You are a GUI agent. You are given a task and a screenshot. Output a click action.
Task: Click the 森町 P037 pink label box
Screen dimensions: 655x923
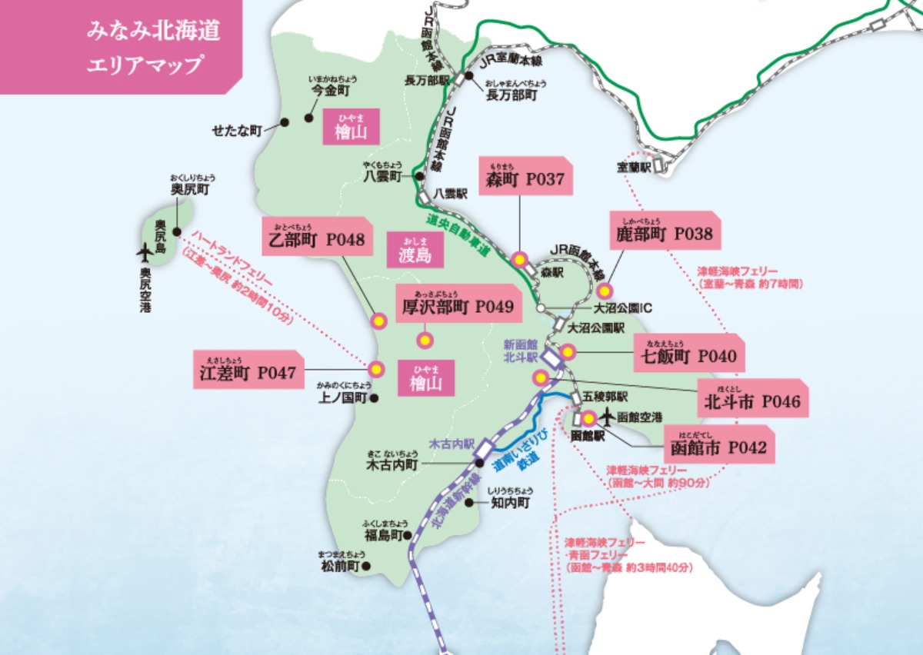(x=526, y=176)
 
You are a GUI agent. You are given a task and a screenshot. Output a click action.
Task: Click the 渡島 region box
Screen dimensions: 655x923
(x=415, y=251)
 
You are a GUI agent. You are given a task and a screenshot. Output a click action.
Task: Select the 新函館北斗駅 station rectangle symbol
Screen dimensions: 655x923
(x=551, y=357)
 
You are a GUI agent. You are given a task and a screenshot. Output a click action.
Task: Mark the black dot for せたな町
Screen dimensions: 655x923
(x=284, y=122)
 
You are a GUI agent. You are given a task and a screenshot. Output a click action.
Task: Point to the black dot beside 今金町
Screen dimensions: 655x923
(x=308, y=118)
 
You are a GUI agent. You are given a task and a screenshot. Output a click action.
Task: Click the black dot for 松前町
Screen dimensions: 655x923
(x=366, y=567)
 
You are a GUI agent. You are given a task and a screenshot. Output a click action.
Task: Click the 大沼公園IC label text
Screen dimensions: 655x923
(x=623, y=309)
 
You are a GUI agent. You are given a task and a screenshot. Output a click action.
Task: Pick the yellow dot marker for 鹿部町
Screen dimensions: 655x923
(x=605, y=291)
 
